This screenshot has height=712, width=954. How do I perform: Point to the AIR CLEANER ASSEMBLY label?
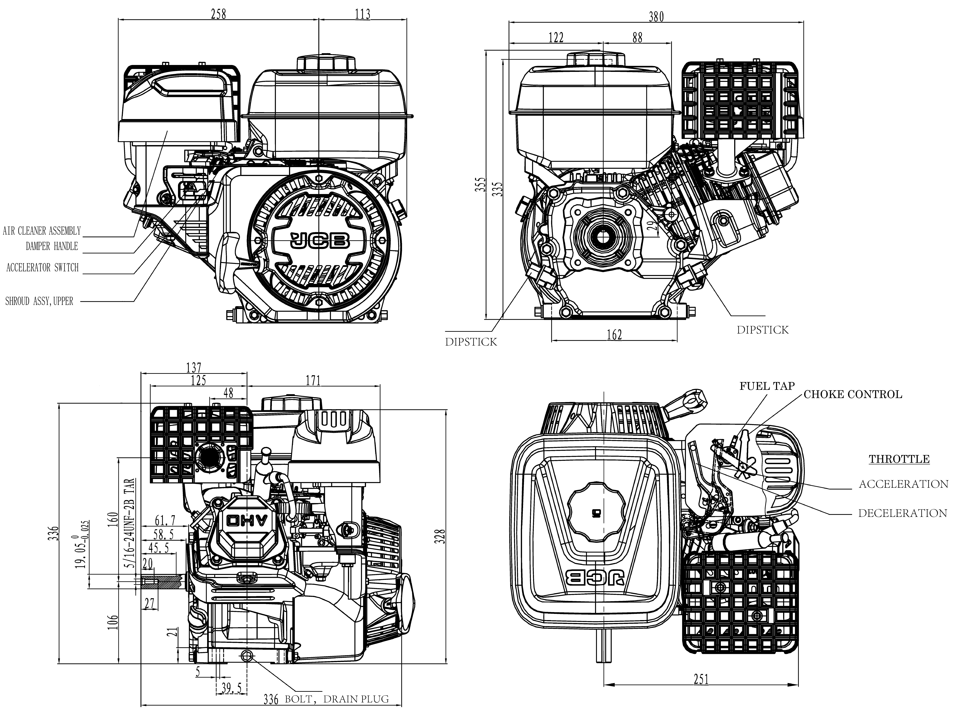tap(42, 231)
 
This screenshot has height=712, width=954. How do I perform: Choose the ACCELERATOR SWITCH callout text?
tap(43, 268)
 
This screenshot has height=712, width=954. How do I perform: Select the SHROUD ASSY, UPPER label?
tap(39, 301)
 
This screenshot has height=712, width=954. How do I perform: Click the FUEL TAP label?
tap(767, 386)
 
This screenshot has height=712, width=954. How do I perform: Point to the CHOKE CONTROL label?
tap(853, 394)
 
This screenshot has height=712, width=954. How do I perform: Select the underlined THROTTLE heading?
tap(899, 459)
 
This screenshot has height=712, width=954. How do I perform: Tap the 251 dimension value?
tap(701, 680)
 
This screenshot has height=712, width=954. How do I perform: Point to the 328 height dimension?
tap(440, 536)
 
